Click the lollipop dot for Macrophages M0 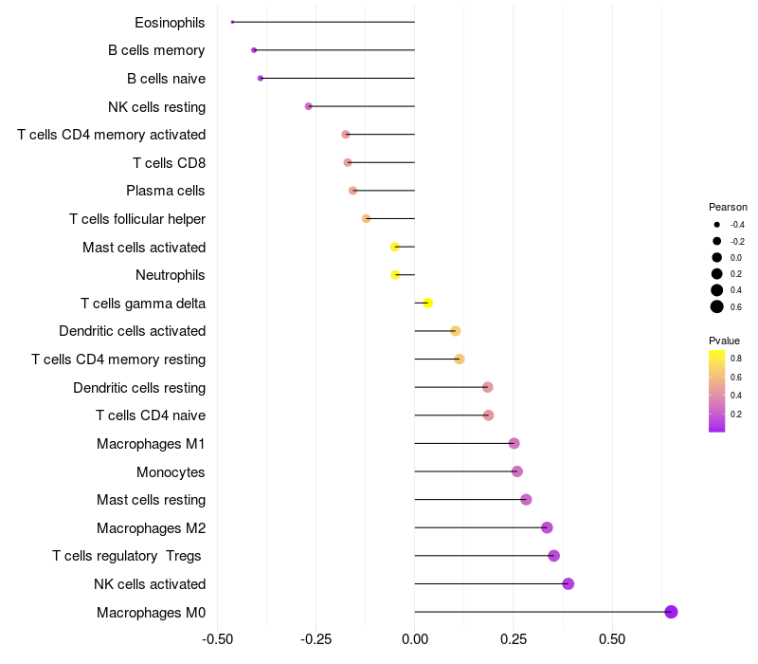click(x=671, y=612)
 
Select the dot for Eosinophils click(x=232, y=22)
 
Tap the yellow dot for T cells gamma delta click(x=427, y=303)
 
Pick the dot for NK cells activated click(x=568, y=583)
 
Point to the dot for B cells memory click(x=254, y=49)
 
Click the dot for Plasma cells click(x=353, y=191)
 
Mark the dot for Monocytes click(x=516, y=471)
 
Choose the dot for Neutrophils click(x=395, y=275)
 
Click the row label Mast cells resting click(x=151, y=500)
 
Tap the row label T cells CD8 click(x=169, y=163)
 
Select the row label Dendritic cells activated click(x=132, y=331)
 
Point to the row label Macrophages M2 click(x=151, y=528)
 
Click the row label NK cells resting click(x=157, y=106)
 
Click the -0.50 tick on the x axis click(x=218, y=640)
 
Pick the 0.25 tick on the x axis click(x=514, y=640)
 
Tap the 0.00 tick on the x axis click(x=415, y=640)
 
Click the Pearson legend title click(x=728, y=207)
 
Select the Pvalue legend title click(x=724, y=341)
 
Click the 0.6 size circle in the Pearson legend click(x=717, y=306)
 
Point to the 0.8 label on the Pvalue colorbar click(x=736, y=359)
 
